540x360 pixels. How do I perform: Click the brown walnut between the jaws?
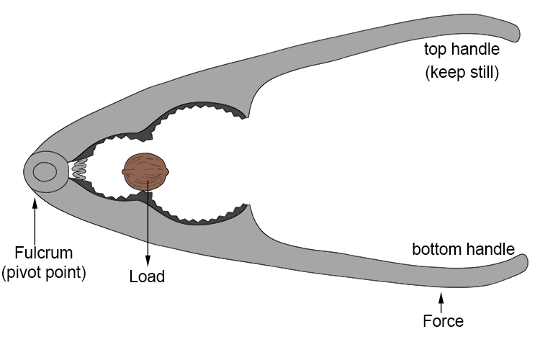click(x=147, y=171)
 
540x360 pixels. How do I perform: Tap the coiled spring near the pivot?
click(x=80, y=171)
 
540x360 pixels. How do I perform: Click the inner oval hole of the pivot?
click(x=45, y=172)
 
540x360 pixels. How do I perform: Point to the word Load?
click(x=147, y=276)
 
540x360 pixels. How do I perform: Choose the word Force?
click(x=444, y=321)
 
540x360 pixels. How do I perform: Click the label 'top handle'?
click(x=461, y=50)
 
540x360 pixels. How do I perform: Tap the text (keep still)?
click(x=462, y=72)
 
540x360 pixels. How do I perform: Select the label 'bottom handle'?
click(x=463, y=250)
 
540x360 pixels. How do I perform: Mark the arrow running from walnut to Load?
click(x=148, y=223)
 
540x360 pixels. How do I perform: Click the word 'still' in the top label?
click(x=482, y=72)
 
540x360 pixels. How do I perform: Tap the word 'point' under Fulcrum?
click(x=65, y=274)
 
